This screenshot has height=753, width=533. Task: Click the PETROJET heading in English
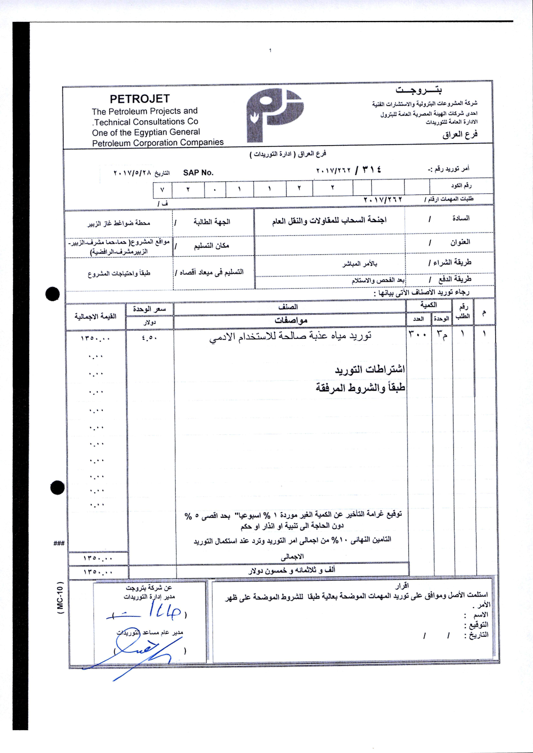coord(140,99)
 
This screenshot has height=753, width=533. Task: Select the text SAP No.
coord(198,173)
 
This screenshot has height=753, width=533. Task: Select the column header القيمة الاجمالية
coord(95,316)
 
